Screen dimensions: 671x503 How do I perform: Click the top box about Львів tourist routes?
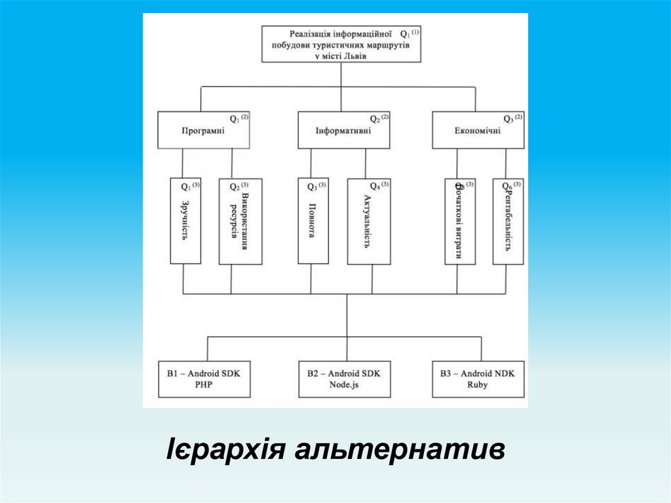coord(341,45)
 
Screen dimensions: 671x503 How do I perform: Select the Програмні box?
coord(203,130)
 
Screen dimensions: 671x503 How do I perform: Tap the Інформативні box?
coord(343,130)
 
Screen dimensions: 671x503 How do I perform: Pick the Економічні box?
coord(478,130)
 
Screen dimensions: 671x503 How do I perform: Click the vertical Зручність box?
coord(185,221)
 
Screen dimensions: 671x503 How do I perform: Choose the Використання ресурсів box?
coord(240,221)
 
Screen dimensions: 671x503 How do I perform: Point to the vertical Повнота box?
coord(313,221)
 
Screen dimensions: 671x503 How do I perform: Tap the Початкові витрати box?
coord(459,221)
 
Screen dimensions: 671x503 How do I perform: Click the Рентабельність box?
coord(508,221)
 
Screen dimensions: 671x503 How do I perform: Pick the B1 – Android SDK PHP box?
coord(204,379)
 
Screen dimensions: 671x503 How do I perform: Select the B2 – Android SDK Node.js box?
coord(344,379)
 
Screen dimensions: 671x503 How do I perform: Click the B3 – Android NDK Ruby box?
coord(478,379)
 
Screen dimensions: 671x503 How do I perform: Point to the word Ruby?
coord(478,386)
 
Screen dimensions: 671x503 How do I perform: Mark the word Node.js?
coord(344,386)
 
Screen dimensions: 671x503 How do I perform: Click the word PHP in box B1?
coord(204,386)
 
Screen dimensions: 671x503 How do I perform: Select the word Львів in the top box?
coord(354,56)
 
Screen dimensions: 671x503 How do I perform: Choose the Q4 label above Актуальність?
coord(375,186)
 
